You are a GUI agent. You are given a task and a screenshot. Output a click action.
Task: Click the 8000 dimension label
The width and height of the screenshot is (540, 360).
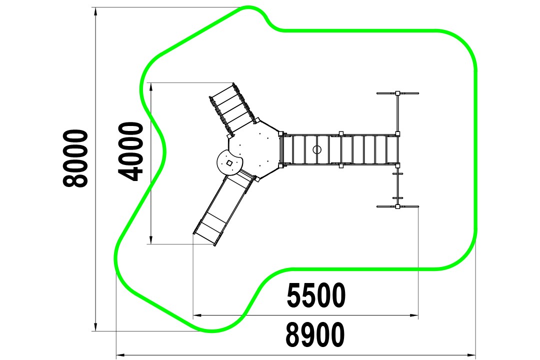(75, 158)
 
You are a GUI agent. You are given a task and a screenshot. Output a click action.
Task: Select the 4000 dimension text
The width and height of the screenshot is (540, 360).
(130, 151)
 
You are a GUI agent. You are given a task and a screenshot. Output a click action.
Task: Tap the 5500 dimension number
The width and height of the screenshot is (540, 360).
(316, 295)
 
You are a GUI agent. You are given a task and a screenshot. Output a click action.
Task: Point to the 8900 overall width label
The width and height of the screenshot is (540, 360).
(315, 334)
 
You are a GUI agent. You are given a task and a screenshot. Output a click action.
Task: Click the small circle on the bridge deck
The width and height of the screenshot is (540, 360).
(317, 149)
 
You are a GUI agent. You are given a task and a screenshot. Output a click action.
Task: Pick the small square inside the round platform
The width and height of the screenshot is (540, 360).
(229, 162)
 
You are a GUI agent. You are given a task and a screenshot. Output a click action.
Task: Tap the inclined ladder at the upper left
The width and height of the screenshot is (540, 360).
(233, 108)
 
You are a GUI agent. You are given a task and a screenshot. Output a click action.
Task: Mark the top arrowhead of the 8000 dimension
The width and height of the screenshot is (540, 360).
(95, 12)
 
